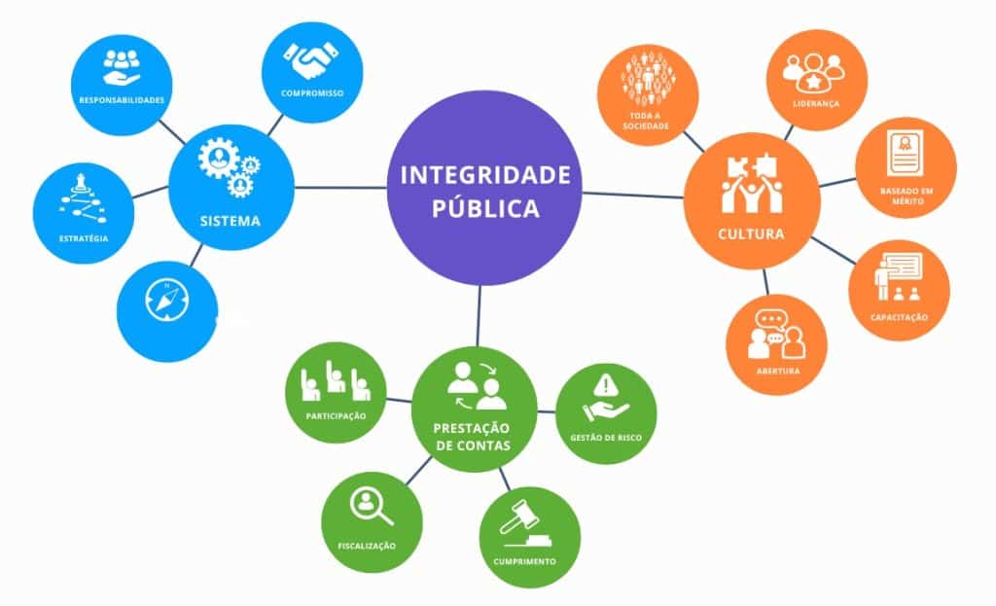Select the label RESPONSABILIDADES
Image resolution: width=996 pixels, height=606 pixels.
coord(123,99)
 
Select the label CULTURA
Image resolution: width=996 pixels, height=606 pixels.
coord(750,234)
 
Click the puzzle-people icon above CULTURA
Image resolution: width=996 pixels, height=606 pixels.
coord(748,183)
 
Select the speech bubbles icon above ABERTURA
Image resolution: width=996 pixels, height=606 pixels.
coord(775,335)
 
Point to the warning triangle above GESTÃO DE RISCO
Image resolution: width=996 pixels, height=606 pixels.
coord(606,382)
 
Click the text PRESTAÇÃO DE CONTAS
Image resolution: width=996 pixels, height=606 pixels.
coord(474,437)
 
